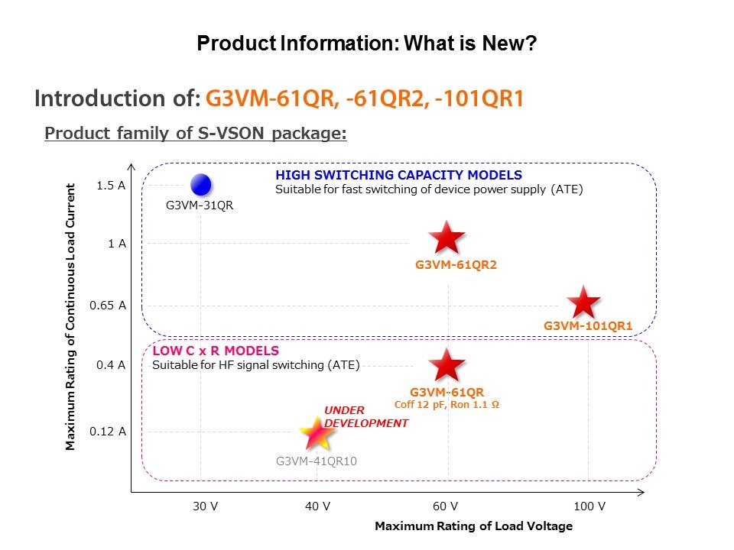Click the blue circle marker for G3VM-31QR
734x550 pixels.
[200, 185]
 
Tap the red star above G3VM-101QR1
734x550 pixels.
[584, 303]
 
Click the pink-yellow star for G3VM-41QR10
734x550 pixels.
[317, 434]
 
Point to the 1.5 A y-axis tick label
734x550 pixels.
[112, 186]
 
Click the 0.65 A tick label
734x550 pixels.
[107, 306]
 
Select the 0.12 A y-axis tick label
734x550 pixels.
[107, 432]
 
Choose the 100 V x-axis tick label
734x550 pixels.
[589, 506]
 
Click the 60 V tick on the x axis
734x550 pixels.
[445, 506]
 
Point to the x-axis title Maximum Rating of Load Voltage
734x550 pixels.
[473, 526]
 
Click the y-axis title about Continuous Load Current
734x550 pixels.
[70, 316]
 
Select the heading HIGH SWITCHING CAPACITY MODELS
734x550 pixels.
[398, 176]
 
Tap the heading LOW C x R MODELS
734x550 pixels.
[216, 351]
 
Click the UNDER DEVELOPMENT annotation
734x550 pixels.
[366, 416]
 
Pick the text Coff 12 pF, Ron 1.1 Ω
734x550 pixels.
[447, 405]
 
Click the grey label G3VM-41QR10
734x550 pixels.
[317, 461]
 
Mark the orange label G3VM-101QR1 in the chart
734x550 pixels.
[588, 326]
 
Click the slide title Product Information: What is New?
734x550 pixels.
[367, 44]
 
